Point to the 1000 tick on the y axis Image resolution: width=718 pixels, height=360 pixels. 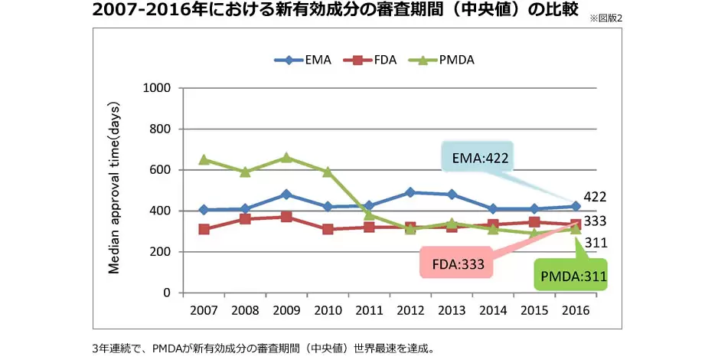pyautogui.click(x=156, y=88)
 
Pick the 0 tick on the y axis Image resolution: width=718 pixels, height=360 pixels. pyautogui.click(x=165, y=293)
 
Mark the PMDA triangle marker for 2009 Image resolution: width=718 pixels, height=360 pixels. pyautogui.click(x=286, y=158)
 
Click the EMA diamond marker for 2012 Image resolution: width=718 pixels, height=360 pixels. pyautogui.click(x=410, y=192)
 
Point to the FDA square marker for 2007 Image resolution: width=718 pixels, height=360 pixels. pyautogui.click(x=204, y=229)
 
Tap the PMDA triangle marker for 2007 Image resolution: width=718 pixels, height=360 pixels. pyautogui.click(x=204, y=159)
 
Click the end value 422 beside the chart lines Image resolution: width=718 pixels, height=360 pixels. pyautogui.click(x=595, y=197)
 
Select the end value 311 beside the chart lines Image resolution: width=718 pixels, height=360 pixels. pyautogui.click(x=595, y=244)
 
